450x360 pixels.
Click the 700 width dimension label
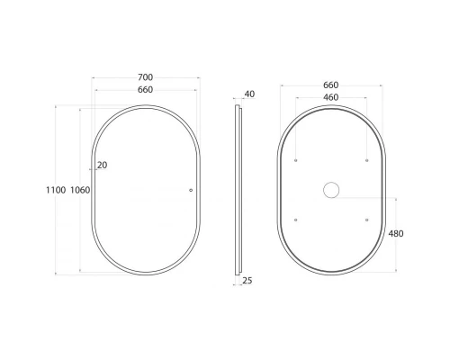click(x=146, y=77)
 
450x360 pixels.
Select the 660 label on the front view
click(x=146, y=90)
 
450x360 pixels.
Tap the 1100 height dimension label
click(x=56, y=190)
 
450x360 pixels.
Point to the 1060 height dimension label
click(x=80, y=190)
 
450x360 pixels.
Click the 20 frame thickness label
click(x=103, y=165)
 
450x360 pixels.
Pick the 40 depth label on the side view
click(x=249, y=94)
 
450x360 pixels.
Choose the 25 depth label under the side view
click(x=247, y=281)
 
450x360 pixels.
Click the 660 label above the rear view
click(x=331, y=85)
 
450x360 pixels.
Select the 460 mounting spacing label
click(x=331, y=97)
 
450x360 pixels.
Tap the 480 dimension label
click(x=396, y=233)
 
